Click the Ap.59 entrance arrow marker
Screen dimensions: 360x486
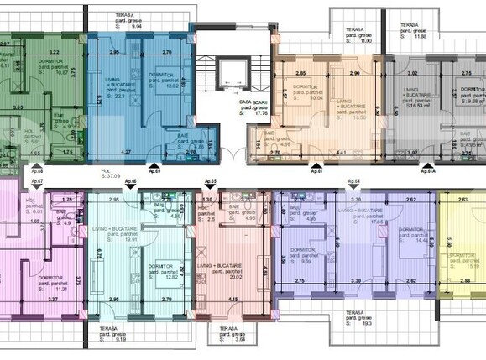click(154, 164)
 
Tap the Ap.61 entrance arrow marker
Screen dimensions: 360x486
click(315, 164)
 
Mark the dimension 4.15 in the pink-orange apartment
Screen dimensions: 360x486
click(231, 300)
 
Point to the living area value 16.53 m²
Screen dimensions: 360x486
click(414, 107)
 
